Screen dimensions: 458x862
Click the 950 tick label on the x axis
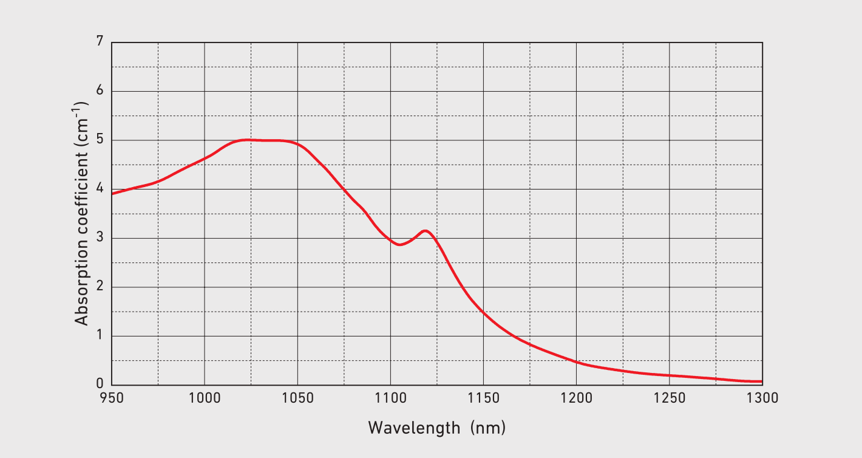[x=112, y=398]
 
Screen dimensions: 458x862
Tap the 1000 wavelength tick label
[x=205, y=398]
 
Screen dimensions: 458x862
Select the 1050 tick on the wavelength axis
[x=297, y=398]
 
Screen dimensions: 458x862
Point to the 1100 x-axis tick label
[x=390, y=398]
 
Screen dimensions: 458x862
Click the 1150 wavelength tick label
[x=483, y=398]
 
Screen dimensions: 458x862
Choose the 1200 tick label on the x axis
[x=576, y=398]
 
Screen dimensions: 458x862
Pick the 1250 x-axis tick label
[x=669, y=398]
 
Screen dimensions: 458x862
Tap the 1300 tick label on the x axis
[x=762, y=398]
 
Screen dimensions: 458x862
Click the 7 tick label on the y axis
[x=100, y=42]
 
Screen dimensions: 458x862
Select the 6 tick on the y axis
[x=100, y=91]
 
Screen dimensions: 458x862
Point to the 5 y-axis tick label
[x=100, y=140]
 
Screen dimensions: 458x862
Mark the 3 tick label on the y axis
[x=100, y=238]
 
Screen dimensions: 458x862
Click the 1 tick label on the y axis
[x=100, y=336]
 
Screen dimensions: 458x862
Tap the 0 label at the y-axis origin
[x=100, y=385]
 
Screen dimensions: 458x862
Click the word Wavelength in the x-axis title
[x=415, y=428]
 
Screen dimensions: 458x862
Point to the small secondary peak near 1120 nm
[x=426, y=231]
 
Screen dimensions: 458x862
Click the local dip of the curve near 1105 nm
[x=399, y=244]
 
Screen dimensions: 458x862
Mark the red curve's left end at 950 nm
[x=112, y=193]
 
